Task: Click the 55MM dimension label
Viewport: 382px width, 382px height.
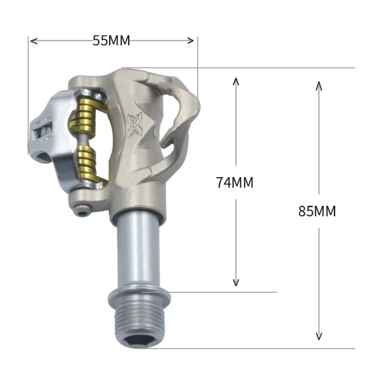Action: coord(111,41)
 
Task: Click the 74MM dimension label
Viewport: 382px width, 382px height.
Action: coord(235,183)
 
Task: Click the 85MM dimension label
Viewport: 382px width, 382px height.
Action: coord(317,211)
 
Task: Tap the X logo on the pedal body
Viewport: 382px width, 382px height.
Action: coord(135,124)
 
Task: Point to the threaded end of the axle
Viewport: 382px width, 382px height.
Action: coord(138,324)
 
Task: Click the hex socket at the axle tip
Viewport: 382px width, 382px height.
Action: coord(138,343)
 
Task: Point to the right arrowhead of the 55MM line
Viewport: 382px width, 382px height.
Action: coord(193,41)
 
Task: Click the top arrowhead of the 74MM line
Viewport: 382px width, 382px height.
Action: coord(237,80)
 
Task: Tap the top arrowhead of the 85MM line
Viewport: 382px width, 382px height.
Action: coord(319,85)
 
